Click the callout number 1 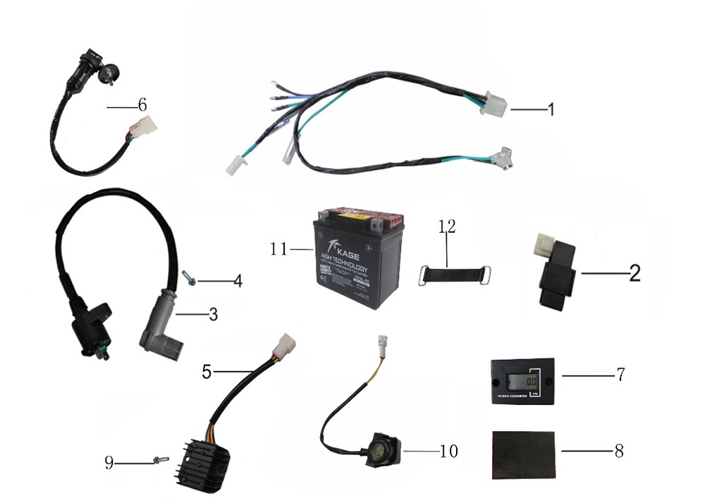551,110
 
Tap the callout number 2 634,274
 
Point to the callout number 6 142,105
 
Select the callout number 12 447,227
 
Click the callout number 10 448,450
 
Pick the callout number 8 618,451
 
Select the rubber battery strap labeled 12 446,272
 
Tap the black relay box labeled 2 553,276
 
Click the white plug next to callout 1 493,104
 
